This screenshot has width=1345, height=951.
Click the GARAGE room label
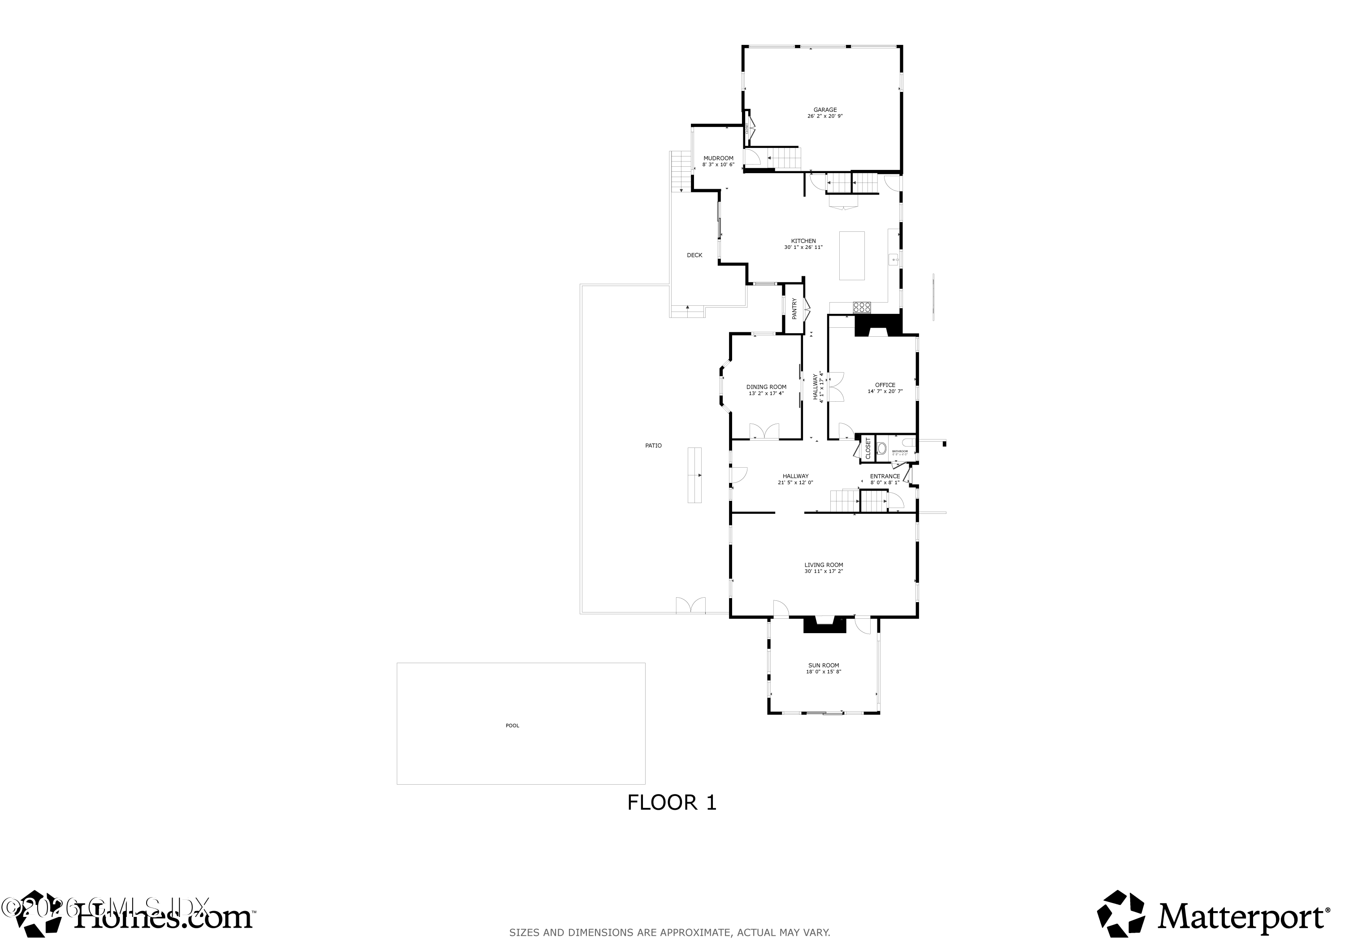tap(825, 109)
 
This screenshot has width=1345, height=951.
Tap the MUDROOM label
tap(718, 158)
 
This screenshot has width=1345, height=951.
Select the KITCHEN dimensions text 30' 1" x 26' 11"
tap(803, 247)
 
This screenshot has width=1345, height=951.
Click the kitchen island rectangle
tap(852, 256)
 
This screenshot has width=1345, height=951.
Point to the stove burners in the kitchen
tap(862, 306)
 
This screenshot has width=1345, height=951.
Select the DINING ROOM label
tap(766, 387)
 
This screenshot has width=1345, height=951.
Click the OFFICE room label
tap(885, 385)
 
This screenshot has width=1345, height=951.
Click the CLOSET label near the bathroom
tap(868, 448)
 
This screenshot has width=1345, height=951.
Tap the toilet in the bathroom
tap(881, 448)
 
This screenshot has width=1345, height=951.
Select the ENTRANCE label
tap(885, 476)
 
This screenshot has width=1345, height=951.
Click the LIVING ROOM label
tap(824, 565)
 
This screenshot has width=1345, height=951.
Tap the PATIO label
tap(653, 445)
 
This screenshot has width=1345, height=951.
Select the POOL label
tap(512, 725)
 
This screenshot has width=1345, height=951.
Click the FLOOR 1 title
tap(672, 803)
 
